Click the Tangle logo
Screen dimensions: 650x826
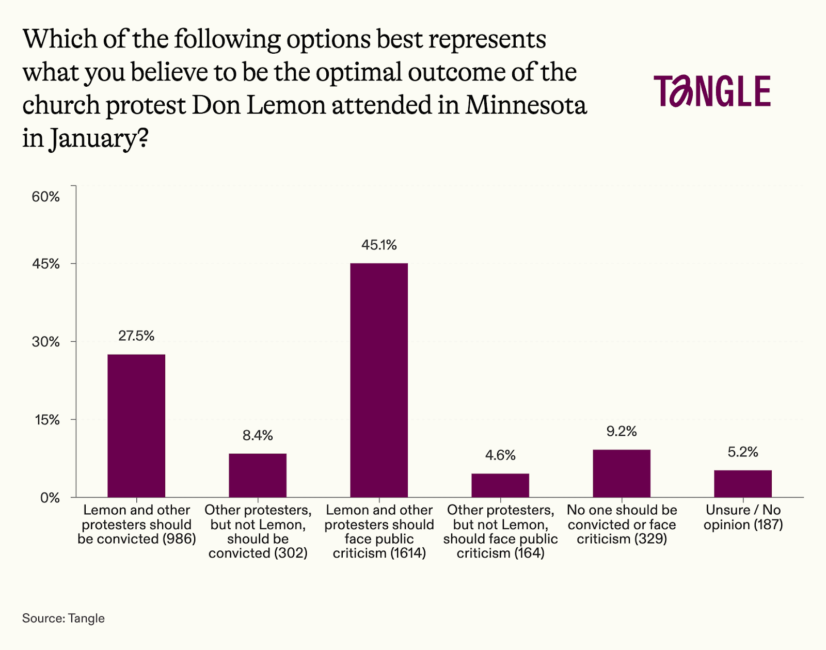tap(712, 91)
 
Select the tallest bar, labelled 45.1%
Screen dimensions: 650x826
tap(379, 380)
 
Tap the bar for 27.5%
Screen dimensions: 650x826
tap(136, 425)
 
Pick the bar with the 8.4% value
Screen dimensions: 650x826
tap(258, 475)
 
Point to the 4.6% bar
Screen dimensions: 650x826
tap(500, 485)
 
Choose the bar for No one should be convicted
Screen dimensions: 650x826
tap(622, 473)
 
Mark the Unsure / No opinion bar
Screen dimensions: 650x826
tap(743, 483)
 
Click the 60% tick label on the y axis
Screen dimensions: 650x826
tap(46, 197)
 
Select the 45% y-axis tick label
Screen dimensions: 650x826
tap(46, 264)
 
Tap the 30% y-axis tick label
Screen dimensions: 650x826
tap(46, 342)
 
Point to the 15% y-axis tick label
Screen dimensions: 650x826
tap(47, 420)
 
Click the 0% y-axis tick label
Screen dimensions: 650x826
tap(50, 498)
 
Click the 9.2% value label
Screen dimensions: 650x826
tap(622, 431)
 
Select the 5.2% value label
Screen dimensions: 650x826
tap(743, 452)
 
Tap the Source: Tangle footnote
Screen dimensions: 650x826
tap(63, 618)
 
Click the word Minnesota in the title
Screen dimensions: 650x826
tap(526, 105)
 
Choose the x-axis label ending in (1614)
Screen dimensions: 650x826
tap(379, 531)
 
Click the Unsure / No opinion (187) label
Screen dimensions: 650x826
tap(743, 517)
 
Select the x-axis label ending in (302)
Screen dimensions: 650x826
tap(258, 531)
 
